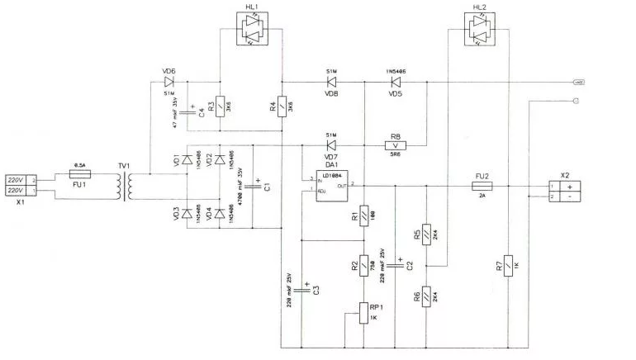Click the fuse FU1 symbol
[80, 174]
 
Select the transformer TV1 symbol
[127, 187]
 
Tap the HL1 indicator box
[252, 31]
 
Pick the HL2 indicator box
[480, 31]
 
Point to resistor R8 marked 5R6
[396, 145]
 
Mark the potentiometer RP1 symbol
[363, 313]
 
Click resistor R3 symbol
[220, 106]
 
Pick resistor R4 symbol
[282, 106]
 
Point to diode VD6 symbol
[168, 83]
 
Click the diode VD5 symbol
[395, 83]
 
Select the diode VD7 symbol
[331, 145]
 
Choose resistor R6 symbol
[427, 295]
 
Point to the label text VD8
[331, 93]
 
